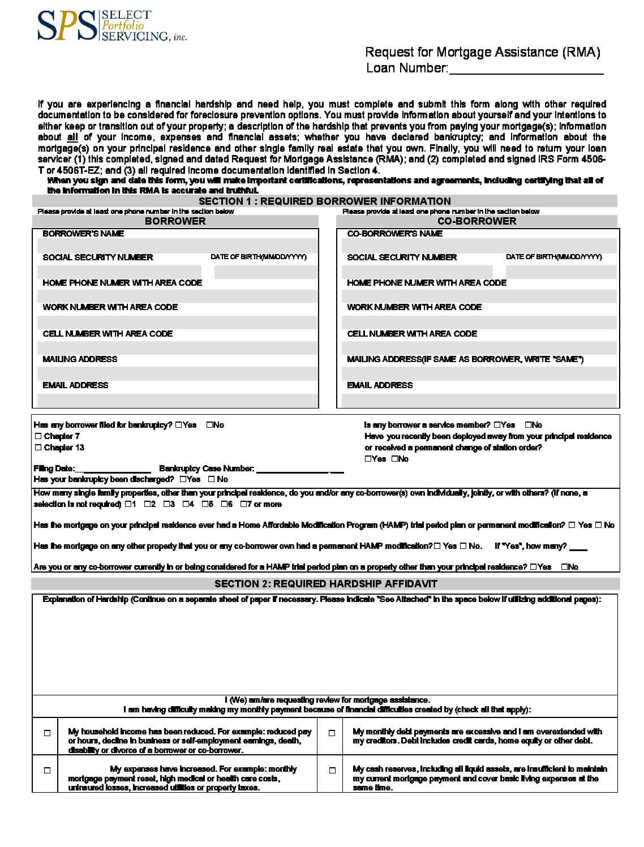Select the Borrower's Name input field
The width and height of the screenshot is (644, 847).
tap(177, 245)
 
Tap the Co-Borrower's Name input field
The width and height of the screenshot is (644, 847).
tap(479, 245)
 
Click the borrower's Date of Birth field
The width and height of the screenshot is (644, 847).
tap(265, 272)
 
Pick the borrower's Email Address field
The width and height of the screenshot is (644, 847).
tap(177, 401)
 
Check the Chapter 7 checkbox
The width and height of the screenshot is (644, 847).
tap(38, 436)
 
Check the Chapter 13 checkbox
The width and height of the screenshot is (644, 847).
tap(38, 448)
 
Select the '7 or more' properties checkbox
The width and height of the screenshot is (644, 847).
tap(243, 504)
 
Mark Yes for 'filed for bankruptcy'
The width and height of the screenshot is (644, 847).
tap(179, 425)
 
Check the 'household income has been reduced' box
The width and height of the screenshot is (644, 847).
tap(47, 733)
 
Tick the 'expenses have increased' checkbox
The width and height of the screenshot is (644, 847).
tap(47, 770)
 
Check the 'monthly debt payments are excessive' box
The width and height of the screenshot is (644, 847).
tap(332, 733)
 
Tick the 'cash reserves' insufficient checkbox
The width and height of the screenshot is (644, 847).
tap(332, 770)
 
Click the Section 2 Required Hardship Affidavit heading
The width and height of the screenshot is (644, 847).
tap(325, 584)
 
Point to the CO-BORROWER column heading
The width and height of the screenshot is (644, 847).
tap(476, 221)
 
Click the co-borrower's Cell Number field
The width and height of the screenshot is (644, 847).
tap(479, 347)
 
